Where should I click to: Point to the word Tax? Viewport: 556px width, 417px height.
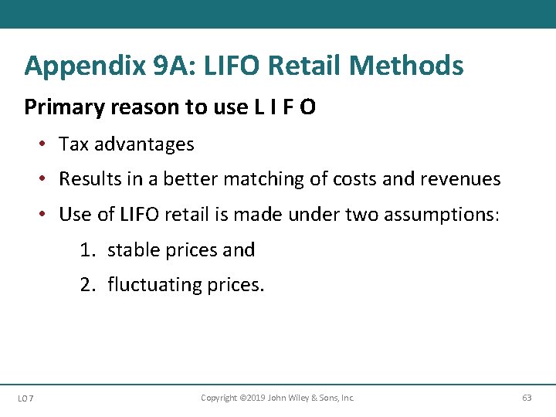click(74, 144)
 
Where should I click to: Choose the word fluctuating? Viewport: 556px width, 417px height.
click(154, 285)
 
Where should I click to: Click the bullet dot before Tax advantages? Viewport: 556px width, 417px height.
click(46, 144)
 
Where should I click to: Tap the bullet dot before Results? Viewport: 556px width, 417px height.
click(46, 179)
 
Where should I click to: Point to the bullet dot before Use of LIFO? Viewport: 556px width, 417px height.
click(46, 214)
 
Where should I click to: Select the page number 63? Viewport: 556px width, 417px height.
click(527, 398)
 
